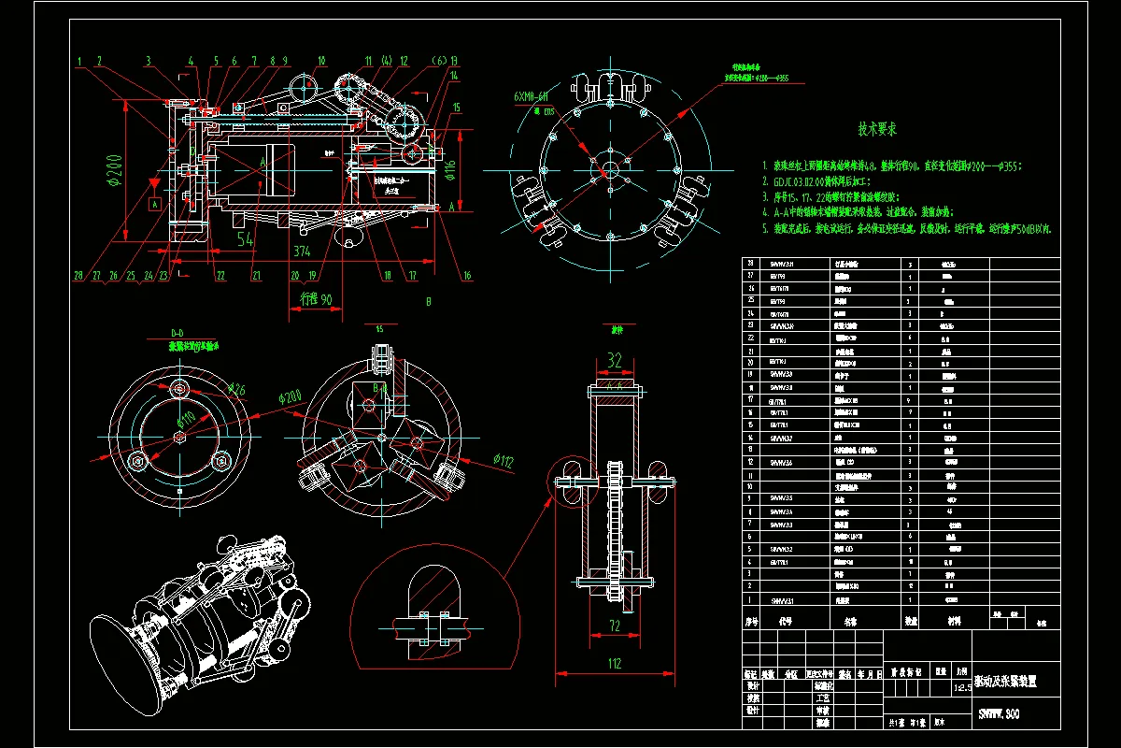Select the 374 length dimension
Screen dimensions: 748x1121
click(301, 251)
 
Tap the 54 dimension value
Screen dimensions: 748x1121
click(246, 238)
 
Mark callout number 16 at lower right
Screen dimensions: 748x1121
click(467, 275)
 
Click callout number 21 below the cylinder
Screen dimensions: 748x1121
click(254, 275)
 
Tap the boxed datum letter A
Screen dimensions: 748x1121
click(155, 201)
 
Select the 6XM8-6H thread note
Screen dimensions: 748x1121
click(532, 97)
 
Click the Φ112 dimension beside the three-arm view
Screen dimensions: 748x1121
click(504, 459)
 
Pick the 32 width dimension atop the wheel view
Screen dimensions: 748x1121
click(615, 360)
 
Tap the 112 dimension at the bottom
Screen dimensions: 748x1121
click(615, 664)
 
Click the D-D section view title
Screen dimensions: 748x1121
click(177, 333)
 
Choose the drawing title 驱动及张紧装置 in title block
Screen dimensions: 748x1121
click(1004, 683)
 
